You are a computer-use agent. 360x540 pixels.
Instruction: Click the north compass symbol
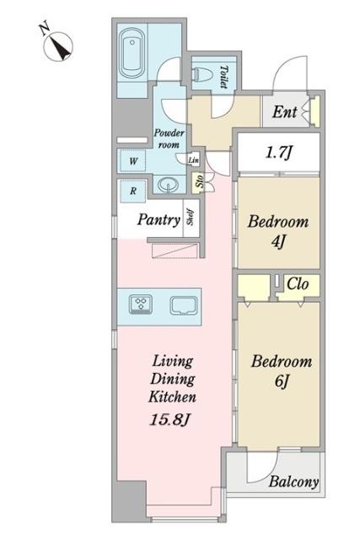[x=58, y=46]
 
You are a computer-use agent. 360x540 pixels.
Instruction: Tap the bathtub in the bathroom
[x=132, y=54]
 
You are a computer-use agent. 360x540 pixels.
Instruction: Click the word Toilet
[x=223, y=77]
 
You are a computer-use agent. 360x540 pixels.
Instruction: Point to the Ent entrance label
[x=284, y=112]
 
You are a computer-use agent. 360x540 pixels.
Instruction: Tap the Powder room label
[x=169, y=138]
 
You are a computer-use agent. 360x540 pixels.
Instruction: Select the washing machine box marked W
[x=133, y=160]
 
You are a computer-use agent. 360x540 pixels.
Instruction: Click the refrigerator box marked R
[x=133, y=191]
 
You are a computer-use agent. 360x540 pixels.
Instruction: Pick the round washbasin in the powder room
[x=168, y=185]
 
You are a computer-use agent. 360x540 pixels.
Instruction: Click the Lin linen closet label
[x=193, y=159]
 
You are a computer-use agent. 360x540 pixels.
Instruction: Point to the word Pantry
[x=159, y=219]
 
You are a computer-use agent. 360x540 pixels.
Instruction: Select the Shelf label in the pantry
[x=190, y=217]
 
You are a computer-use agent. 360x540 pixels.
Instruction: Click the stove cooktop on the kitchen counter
[x=141, y=305]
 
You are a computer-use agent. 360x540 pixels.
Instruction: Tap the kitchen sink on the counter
[x=184, y=305]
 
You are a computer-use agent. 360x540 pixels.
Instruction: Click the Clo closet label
[x=298, y=284]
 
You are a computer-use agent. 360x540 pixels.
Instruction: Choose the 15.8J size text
[x=170, y=419]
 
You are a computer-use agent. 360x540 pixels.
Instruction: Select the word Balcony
[x=293, y=482]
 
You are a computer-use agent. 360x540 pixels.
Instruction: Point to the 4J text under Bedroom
[x=277, y=242]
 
